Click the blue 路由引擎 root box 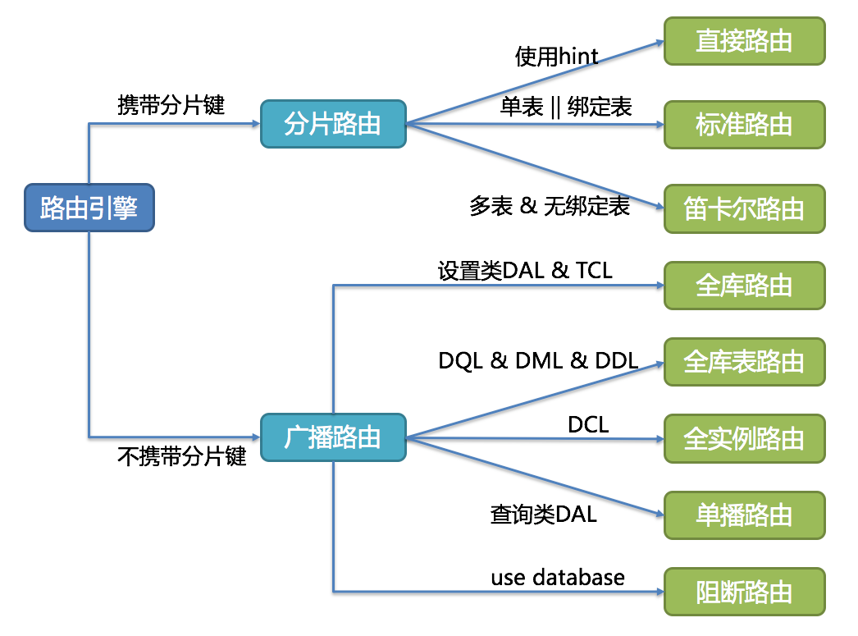point(88,208)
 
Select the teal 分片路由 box point(333,124)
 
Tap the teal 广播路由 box point(333,437)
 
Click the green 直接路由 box point(744,41)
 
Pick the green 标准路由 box point(744,125)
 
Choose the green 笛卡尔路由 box point(744,208)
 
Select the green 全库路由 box point(744,286)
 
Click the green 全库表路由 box point(744,362)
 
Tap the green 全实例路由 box point(744,438)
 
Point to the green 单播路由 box point(744,515)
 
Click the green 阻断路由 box point(744,592)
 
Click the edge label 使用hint point(556,57)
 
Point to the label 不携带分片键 point(182,457)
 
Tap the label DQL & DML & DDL point(538,361)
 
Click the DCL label point(588,424)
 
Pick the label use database point(558,577)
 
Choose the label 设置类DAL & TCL point(525,270)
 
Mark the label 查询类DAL point(543,515)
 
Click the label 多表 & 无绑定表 point(550,206)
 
